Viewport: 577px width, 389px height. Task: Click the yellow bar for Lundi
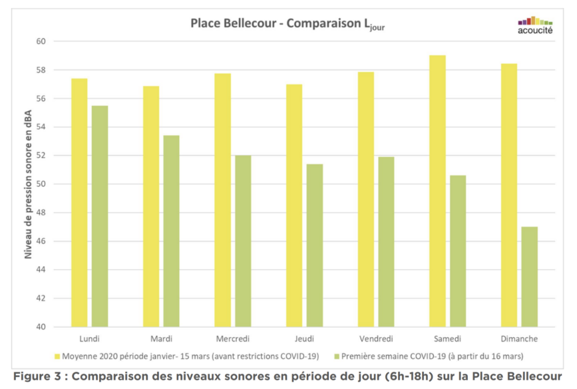[x=79, y=202]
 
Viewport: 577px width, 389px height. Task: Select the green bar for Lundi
[x=100, y=216]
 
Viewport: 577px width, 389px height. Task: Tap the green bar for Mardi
[x=171, y=231]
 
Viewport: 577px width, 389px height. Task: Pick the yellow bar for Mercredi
[x=222, y=199]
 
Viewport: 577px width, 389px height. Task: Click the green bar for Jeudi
[x=315, y=245]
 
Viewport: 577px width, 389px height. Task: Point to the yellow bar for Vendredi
[x=366, y=199]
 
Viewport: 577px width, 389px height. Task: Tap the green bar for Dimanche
[x=530, y=277]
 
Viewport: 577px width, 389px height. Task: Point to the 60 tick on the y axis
[x=41, y=41]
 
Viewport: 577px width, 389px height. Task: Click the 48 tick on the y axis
[x=41, y=213]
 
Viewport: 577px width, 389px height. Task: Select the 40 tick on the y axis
[x=41, y=326]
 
